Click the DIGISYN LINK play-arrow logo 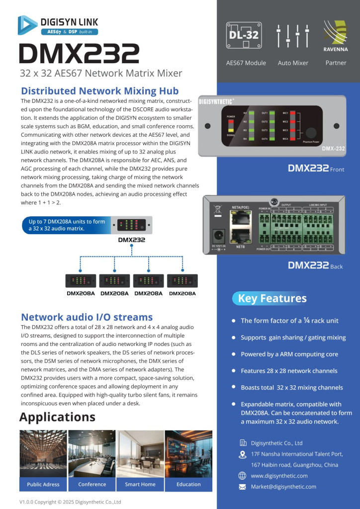click(x=27, y=25)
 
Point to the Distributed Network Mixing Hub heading click(x=99, y=91)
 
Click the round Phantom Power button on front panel click(x=312, y=133)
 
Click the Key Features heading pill click(x=272, y=298)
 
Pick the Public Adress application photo click(x=43, y=454)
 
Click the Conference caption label click(x=92, y=484)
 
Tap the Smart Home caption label click(x=140, y=484)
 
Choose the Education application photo click(x=188, y=454)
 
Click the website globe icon click(x=243, y=476)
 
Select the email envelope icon click(x=243, y=487)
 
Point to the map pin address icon click(x=243, y=454)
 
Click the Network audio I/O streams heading click(x=87, y=317)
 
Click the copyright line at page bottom click(x=70, y=502)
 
